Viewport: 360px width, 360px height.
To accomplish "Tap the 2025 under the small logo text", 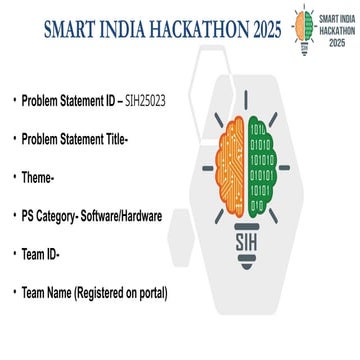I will [x=334, y=44].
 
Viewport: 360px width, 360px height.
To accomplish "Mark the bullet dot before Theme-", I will [x=14, y=176].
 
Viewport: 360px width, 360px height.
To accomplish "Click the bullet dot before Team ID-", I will [x=14, y=254].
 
